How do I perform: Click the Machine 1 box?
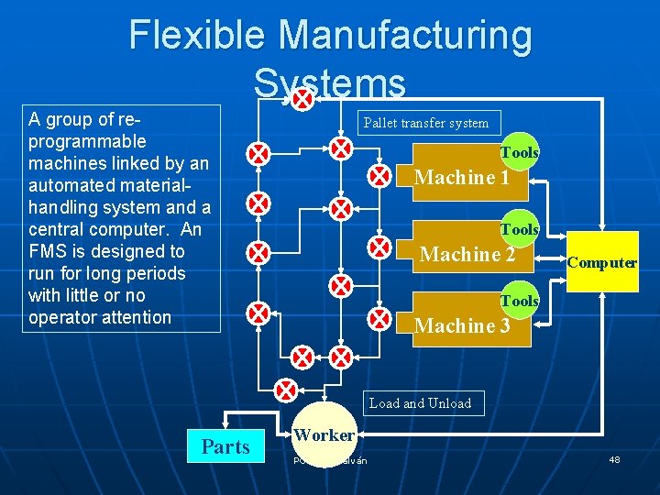click(463, 177)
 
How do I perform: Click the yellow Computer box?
click(602, 262)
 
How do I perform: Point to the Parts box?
click(225, 446)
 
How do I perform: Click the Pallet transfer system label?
click(426, 122)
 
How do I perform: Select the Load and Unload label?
click(420, 403)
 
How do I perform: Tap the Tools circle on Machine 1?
click(520, 153)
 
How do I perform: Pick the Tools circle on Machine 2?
click(520, 229)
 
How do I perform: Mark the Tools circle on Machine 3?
click(520, 301)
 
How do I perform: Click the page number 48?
click(614, 459)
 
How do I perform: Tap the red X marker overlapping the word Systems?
click(302, 95)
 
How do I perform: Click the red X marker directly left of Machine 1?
click(379, 176)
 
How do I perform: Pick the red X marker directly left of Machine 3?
click(379, 318)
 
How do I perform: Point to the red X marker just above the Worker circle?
click(288, 390)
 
